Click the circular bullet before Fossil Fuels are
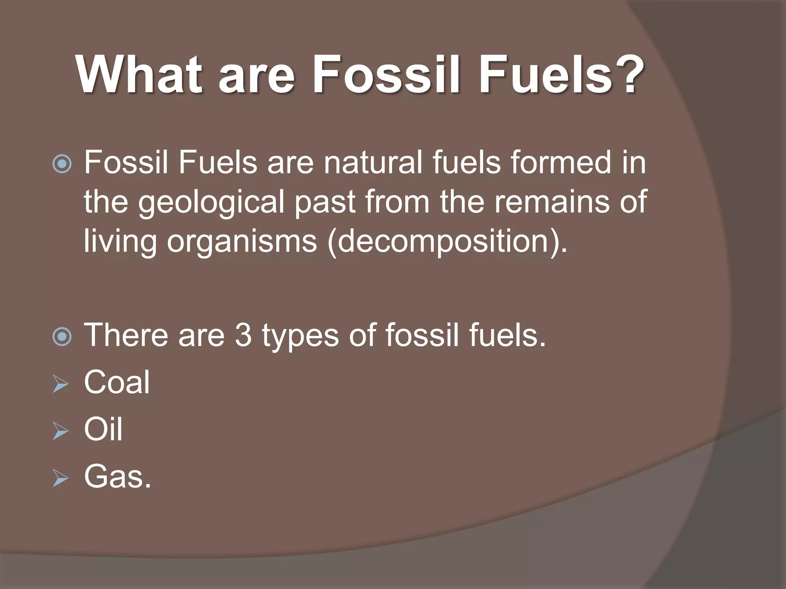click(x=62, y=164)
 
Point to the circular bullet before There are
click(x=62, y=337)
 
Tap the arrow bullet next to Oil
click(x=60, y=431)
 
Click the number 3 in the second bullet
click(x=243, y=335)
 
